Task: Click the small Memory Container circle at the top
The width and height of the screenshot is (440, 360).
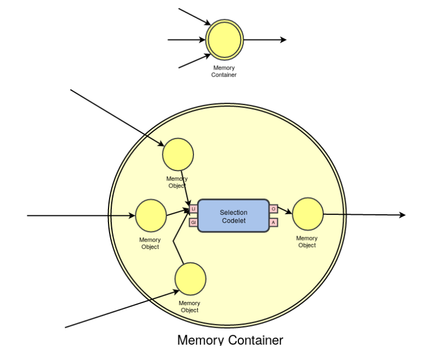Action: pos(224,40)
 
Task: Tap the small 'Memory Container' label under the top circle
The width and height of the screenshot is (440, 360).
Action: pos(224,71)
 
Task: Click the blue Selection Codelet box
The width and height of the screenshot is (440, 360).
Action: pos(233,216)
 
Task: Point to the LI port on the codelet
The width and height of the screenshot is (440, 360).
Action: pos(193,209)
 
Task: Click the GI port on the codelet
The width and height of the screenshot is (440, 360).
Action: pos(193,222)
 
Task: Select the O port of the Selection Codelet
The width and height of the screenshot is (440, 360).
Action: pos(273,209)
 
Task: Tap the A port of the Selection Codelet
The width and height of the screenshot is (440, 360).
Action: pos(273,222)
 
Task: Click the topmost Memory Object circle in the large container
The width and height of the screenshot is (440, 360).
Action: pos(178,154)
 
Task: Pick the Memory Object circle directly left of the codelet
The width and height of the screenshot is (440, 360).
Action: pos(151,215)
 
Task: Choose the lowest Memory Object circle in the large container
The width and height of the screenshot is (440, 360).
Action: pos(190,278)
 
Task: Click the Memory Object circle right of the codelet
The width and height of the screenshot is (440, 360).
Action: pos(307,214)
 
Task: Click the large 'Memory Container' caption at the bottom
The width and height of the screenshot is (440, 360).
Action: pos(230,340)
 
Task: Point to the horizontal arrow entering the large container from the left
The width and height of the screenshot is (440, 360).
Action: pos(82,215)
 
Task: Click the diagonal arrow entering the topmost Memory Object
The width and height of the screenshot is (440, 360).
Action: pos(115,115)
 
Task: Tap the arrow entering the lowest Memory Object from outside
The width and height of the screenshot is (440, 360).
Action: pos(121,310)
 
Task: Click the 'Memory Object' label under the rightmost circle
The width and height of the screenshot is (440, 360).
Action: pos(307,242)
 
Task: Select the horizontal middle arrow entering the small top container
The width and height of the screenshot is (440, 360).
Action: pos(186,40)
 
